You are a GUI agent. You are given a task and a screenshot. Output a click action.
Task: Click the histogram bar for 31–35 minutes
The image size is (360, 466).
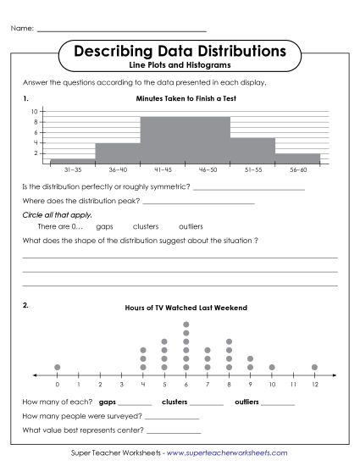coord(73,161)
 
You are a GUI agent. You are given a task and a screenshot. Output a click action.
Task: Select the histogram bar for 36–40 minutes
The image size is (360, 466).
coord(118,153)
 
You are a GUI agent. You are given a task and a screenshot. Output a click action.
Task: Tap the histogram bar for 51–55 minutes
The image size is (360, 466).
coord(252,151)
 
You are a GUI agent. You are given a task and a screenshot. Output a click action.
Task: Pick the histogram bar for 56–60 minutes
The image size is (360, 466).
coord(297,158)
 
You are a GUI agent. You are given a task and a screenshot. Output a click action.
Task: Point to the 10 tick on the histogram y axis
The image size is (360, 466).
coord(35,112)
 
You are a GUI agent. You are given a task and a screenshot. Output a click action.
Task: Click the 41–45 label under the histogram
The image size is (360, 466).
coord(163,170)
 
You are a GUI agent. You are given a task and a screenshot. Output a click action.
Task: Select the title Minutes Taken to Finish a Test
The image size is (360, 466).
coord(185,98)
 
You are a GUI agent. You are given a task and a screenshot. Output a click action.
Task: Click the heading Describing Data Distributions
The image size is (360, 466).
coord(180,52)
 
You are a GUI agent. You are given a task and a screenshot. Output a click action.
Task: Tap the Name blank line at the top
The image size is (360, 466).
coord(122,31)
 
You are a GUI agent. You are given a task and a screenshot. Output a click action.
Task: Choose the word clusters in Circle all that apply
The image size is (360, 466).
coord(146,227)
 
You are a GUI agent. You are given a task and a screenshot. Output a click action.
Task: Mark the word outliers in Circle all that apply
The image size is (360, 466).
coord(191,227)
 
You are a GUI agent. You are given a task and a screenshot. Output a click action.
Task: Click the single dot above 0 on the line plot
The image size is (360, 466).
coord(58,367)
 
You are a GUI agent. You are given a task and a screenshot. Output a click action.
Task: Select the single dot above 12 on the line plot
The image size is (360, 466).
coord(314,367)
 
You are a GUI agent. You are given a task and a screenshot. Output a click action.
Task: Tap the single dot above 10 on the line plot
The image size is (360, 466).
coord(272,367)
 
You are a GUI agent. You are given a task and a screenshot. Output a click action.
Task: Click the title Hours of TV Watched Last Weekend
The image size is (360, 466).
coord(186,307)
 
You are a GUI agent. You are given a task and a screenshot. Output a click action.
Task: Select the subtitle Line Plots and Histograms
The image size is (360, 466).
coord(180,65)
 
